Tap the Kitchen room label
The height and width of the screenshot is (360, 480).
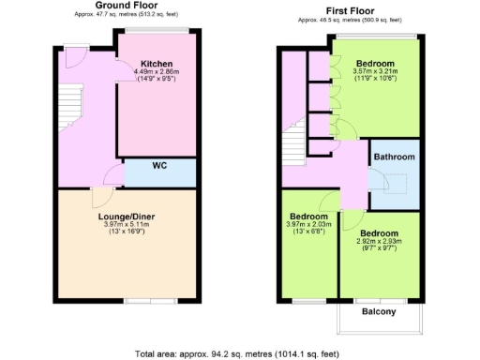click(x=157, y=64)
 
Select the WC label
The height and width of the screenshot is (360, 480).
click(x=160, y=171)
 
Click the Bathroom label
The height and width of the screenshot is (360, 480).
click(x=395, y=157)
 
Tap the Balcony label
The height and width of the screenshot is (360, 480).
click(x=379, y=312)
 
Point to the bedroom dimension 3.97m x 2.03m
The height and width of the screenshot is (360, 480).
click(x=308, y=225)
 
